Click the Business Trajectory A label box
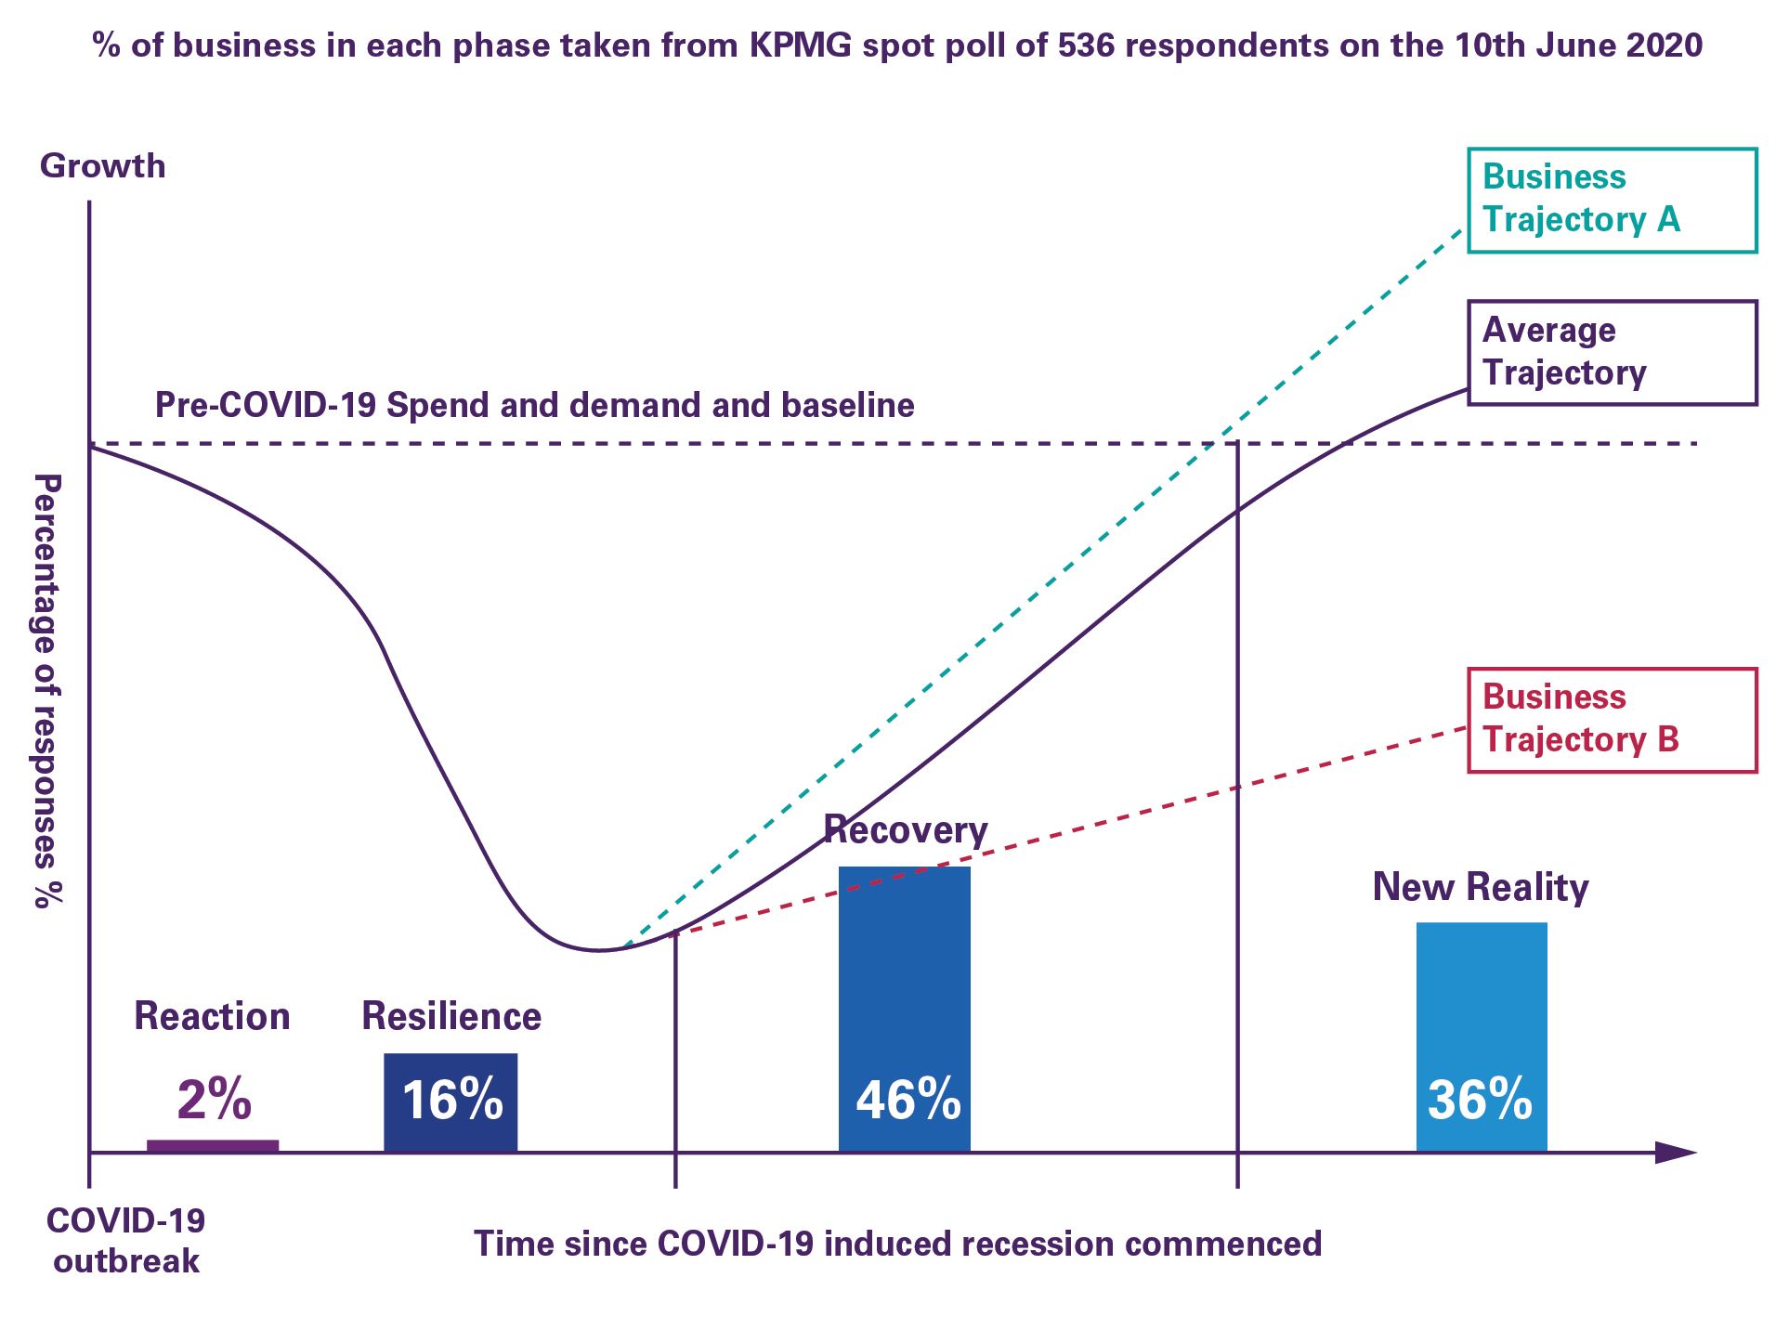pyautogui.click(x=1612, y=200)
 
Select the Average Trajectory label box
pyautogui.click(x=1612, y=352)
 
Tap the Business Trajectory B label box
pyautogui.click(x=1612, y=720)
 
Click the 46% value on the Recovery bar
pyautogui.click(x=908, y=1100)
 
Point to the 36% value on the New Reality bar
pyautogui.click(x=1480, y=1100)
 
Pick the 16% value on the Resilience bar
pyautogui.click(x=452, y=1100)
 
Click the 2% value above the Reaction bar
pyautogui.click(x=214, y=1099)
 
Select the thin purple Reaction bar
pyautogui.click(x=213, y=1146)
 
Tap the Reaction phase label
pyautogui.click(x=212, y=1016)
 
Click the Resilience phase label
pyautogui.click(x=451, y=1016)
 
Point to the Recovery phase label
pyautogui.click(x=906, y=829)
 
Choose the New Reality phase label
pyautogui.click(x=1481, y=887)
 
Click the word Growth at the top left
pyautogui.click(x=102, y=166)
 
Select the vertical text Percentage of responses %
pyautogui.click(x=47, y=691)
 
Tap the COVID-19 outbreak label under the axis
pyautogui.click(x=126, y=1241)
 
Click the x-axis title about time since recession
pyautogui.click(x=897, y=1244)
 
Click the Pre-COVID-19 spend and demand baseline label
pyautogui.click(x=534, y=405)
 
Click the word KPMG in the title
pyautogui.click(x=801, y=45)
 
